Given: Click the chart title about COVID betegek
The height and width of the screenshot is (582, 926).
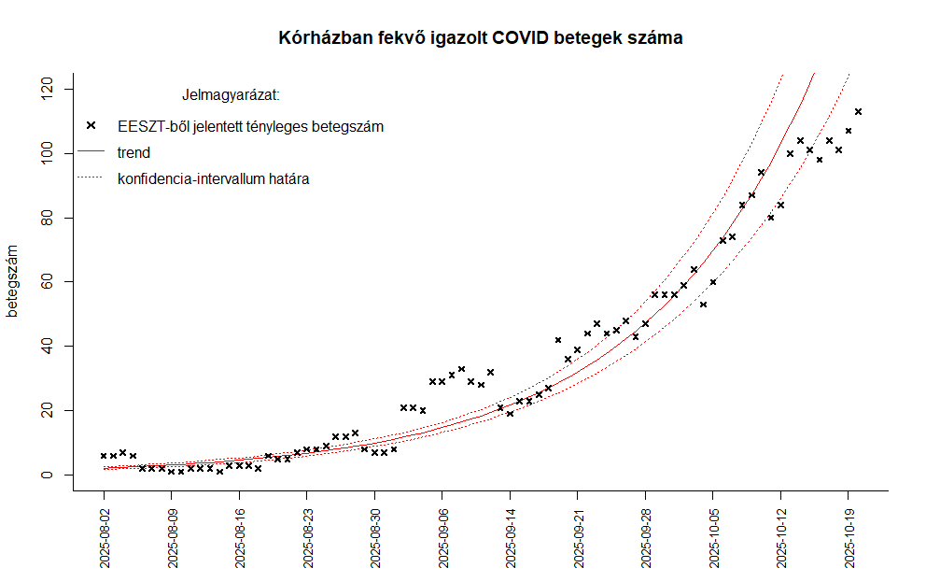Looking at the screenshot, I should (x=481, y=38).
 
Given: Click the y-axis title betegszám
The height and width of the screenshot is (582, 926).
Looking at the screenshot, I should (x=13, y=281).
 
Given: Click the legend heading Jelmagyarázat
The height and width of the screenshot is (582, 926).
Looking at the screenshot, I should (x=231, y=95).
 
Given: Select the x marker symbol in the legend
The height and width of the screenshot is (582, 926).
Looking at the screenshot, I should (x=91, y=125).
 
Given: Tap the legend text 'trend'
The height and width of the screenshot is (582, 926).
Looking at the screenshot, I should (x=133, y=152).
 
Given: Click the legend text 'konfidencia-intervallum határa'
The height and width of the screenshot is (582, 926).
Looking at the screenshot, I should (x=213, y=177).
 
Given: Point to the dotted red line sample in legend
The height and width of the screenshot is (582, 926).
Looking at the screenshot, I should (x=91, y=177).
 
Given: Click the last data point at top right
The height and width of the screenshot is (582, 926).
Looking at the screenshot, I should (x=858, y=111).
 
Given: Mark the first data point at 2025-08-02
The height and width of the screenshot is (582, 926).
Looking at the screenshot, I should (x=104, y=456).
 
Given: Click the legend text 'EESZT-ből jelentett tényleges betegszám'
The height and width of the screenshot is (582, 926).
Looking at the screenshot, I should (x=250, y=126).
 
